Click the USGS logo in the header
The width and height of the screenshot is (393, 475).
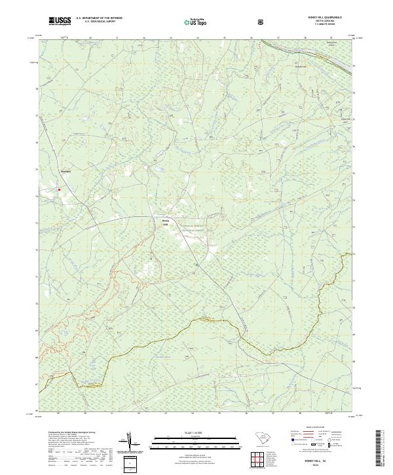[x=60, y=22]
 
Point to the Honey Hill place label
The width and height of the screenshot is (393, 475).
[x=166, y=222]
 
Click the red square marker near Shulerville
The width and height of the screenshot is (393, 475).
[x=59, y=190]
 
